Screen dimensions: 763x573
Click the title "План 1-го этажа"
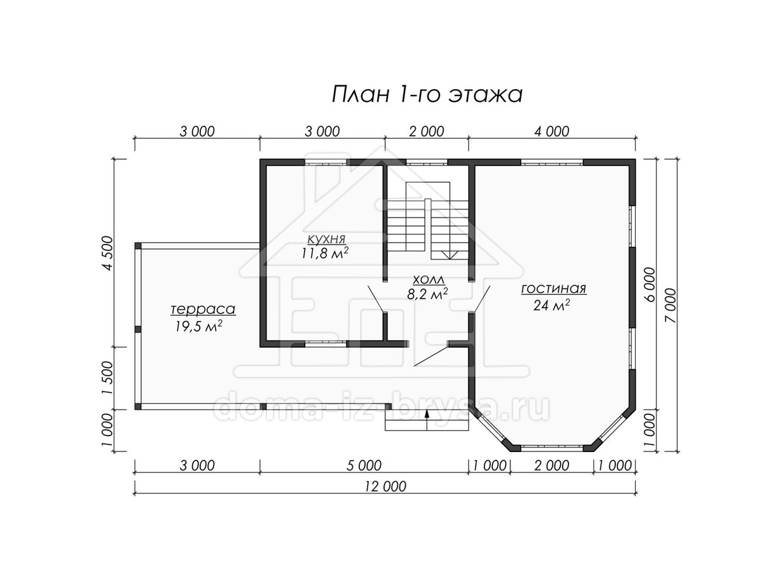point(427,95)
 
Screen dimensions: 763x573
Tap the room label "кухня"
point(326,239)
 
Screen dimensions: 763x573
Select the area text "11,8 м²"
point(325,253)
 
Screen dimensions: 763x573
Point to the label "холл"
point(429,279)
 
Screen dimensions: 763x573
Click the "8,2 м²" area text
point(427,294)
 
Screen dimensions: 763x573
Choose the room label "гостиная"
point(554,288)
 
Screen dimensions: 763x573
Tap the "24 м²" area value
point(551,305)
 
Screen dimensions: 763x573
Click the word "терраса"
point(203,309)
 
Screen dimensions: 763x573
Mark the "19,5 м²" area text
point(199,327)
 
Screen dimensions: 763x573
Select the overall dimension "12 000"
point(385,486)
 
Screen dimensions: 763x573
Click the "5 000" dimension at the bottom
point(364,465)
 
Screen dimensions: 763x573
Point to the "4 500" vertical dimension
point(108,253)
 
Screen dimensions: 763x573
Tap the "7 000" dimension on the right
point(671,306)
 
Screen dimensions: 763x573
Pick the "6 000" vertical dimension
point(650,284)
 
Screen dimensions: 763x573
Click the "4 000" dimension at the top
point(552,132)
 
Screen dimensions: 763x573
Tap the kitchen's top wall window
point(326,162)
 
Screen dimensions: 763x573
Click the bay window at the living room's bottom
point(552,448)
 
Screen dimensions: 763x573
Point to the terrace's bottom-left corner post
point(138,406)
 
